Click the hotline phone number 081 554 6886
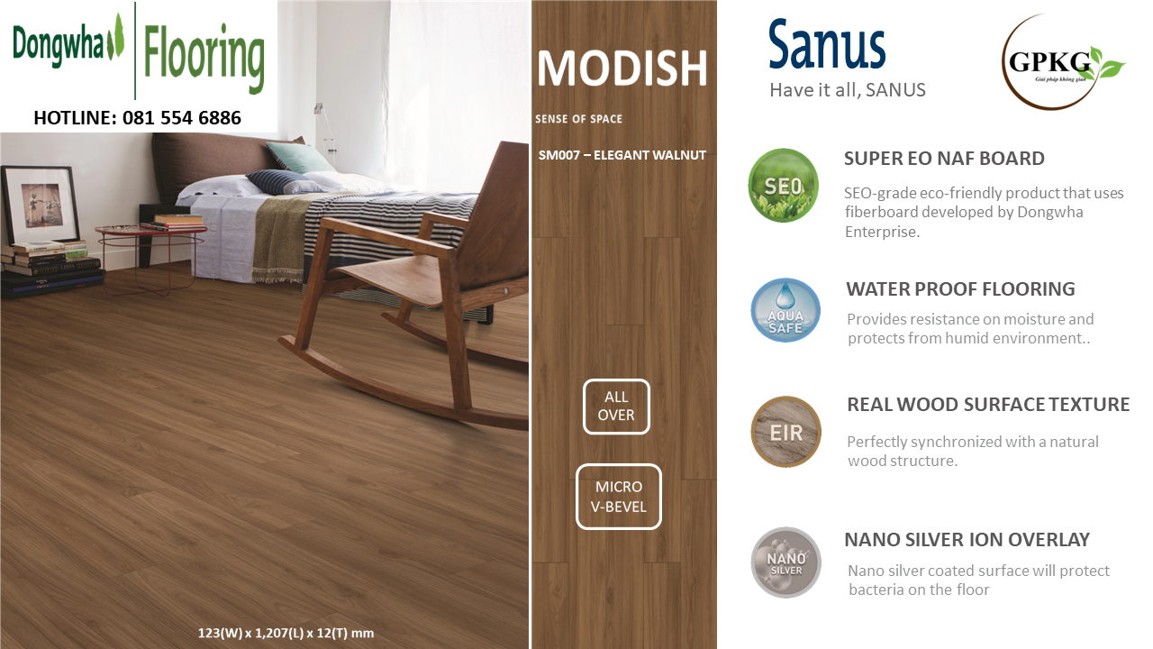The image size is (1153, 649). (x=182, y=118)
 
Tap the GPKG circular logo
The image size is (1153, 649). (x=1060, y=62)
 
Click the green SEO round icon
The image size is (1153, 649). (x=783, y=186)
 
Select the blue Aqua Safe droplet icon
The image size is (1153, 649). (x=785, y=311)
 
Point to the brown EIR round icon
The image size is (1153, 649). (x=785, y=432)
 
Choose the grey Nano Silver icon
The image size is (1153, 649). (x=785, y=562)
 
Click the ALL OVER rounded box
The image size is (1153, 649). (x=616, y=407)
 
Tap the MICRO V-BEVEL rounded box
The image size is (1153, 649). (x=618, y=497)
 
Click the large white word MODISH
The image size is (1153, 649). (x=622, y=68)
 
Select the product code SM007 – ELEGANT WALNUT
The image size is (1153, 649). (x=622, y=155)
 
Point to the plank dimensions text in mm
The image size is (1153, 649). (x=286, y=633)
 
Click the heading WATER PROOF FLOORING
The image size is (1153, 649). (x=960, y=289)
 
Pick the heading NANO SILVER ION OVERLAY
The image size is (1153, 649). (x=967, y=539)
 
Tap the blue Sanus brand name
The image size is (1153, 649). (x=827, y=45)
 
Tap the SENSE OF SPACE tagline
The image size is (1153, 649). (x=578, y=119)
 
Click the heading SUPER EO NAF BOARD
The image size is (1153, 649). (x=944, y=158)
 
